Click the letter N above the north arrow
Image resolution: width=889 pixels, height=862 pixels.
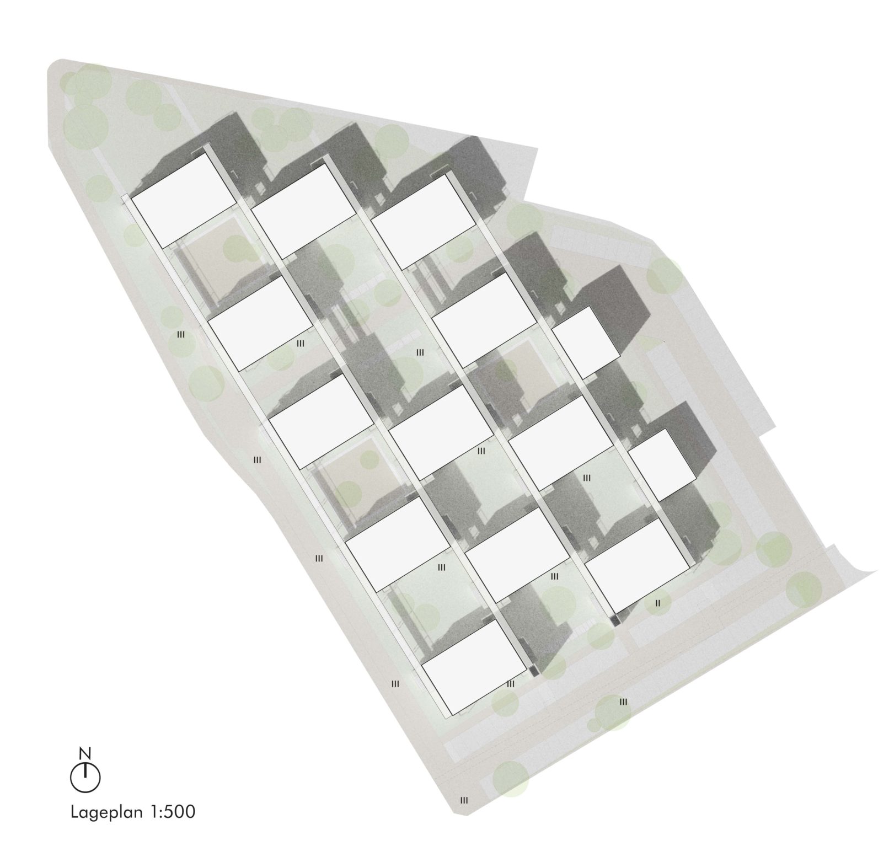pos(85,753)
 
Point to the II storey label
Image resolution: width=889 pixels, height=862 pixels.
pos(657,603)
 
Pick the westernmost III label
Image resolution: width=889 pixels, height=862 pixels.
pos(180,334)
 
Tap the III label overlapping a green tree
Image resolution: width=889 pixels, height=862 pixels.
pos(623,702)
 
